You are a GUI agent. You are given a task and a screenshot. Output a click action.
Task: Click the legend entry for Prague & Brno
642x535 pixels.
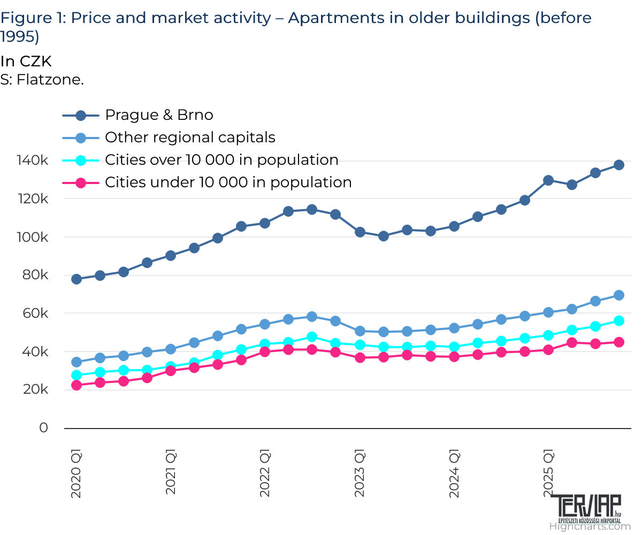[x=159, y=115]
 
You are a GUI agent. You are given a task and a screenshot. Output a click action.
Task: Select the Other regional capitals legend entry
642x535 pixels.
[x=190, y=137]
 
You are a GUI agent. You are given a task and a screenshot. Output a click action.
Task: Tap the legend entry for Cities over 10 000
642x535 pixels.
[x=221, y=160]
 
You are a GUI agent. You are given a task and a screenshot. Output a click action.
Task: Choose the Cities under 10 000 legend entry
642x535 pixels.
[x=228, y=182]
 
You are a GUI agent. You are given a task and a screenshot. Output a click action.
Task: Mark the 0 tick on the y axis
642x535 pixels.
[x=43, y=428]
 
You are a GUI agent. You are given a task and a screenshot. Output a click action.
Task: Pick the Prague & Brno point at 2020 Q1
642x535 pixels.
[x=77, y=279]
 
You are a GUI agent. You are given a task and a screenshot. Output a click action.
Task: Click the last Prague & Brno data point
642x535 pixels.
[x=619, y=165]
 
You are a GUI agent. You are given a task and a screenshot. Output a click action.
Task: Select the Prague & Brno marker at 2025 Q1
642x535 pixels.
[x=548, y=180]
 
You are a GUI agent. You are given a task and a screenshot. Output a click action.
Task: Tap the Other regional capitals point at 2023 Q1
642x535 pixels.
[x=360, y=331]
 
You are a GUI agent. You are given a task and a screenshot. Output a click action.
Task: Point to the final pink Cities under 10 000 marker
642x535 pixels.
[x=619, y=342]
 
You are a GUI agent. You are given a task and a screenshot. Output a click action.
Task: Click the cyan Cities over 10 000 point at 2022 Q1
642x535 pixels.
[x=265, y=344]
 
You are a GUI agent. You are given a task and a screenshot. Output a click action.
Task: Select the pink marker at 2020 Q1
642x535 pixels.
[x=77, y=385]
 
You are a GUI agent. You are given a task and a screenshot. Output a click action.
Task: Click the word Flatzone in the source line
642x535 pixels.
[x=50, y=80]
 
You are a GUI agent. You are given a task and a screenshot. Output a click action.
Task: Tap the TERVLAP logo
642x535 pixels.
[x=586, y=508]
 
